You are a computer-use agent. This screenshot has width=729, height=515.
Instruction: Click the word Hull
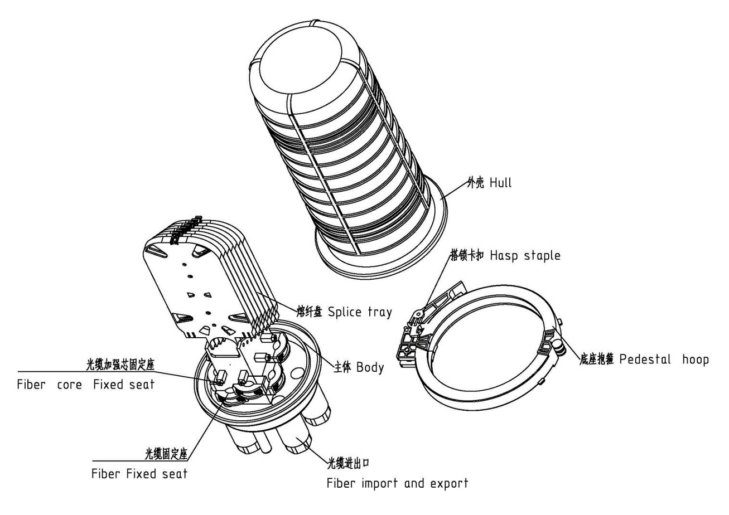point(500,183)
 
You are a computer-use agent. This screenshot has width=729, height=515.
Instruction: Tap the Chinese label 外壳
point(475,183)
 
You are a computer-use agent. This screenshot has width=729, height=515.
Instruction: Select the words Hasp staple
point(525,256)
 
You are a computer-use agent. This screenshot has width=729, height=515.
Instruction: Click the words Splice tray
point(360,312)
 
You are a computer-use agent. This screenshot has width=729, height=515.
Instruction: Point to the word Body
point(370,367)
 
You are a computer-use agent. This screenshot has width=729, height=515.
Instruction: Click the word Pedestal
point(645,359)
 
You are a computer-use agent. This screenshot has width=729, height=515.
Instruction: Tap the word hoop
point(695,359)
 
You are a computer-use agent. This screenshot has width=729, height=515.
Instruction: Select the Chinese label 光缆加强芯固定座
point(120,365)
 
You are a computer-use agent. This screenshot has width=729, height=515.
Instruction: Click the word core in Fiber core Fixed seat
point(69,385)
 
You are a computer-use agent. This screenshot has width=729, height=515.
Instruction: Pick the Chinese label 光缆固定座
point(166,454)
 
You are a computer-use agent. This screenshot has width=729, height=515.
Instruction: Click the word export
point(449,484)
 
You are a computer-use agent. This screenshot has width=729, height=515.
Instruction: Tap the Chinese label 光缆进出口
point(348,463)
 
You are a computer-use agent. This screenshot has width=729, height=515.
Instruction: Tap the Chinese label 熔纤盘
point(309,312)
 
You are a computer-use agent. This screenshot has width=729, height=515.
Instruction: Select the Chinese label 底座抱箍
point(597,359)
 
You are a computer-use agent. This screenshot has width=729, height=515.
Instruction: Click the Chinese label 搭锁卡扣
point(467,255)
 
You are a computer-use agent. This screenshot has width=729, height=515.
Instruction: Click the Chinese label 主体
point(342,367)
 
